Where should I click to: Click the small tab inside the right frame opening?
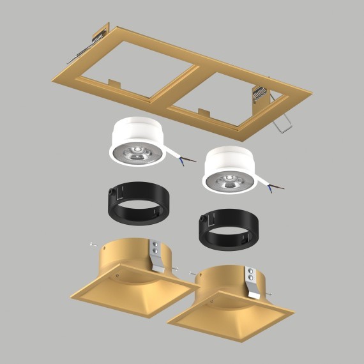[204, 111]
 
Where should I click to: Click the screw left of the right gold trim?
[192, 272]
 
